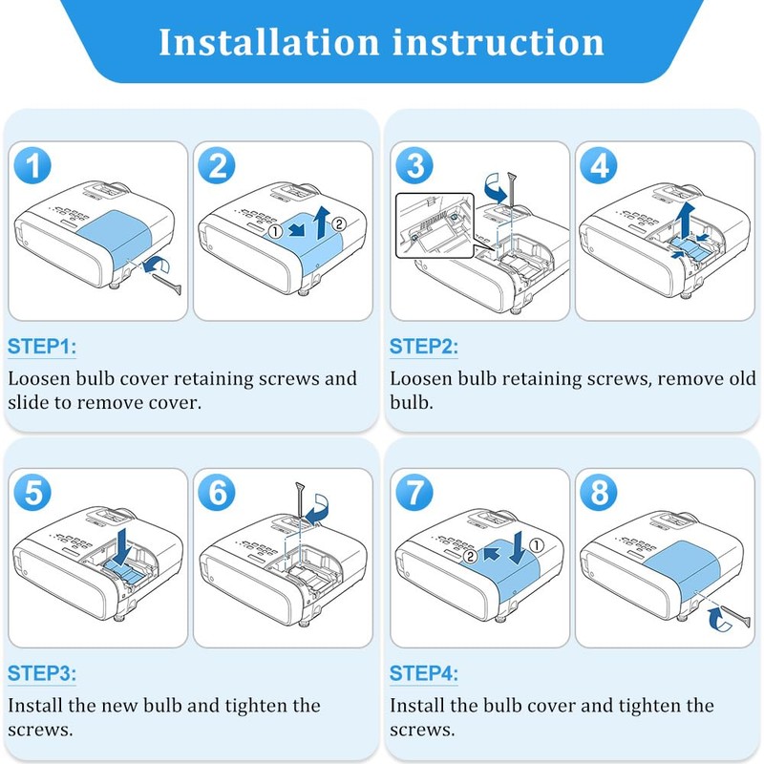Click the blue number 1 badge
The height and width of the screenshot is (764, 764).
pos(32,165)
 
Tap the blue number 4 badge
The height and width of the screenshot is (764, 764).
pos(599,165)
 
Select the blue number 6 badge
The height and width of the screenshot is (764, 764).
pos(217,493)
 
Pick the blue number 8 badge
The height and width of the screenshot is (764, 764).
pos(599,493)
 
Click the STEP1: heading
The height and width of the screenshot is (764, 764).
pos(42,347)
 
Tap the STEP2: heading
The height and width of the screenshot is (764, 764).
pos(424,347)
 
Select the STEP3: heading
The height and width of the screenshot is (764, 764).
pos(42,673)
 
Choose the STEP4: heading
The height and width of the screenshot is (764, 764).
pos(424,673)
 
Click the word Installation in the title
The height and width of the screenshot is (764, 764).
pos(269,42)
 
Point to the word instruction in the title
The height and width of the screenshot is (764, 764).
pos(499,42)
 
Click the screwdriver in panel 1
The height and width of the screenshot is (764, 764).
pos(167,284)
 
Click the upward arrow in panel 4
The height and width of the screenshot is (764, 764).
pos(686,220)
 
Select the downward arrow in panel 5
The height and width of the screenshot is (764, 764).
pos(125,546)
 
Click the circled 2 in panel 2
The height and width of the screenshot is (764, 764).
pos(339,224)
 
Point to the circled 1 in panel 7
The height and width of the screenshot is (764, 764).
pos(537,545)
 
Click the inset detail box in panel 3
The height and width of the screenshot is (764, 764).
pos(435,225)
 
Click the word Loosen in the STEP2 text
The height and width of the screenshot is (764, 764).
pos(421,378)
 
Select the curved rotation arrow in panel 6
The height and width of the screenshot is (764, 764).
pos(319,510)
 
